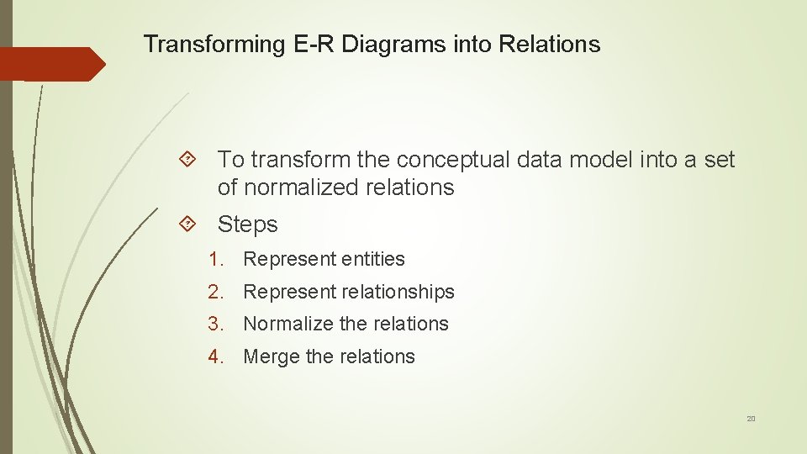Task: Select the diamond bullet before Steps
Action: [188, 224]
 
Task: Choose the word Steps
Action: [247, 224]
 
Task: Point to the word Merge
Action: [271, 356]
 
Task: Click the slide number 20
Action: [751, 418]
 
